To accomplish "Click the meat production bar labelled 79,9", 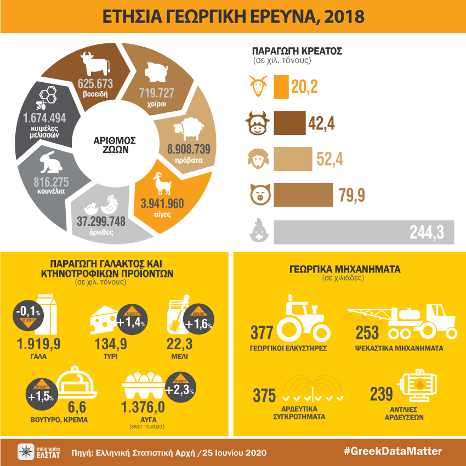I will [303, 195].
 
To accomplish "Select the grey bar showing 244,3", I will [363, 232].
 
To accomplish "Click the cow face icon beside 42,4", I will [257, 123].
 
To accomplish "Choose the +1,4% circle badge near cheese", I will [131, 322].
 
